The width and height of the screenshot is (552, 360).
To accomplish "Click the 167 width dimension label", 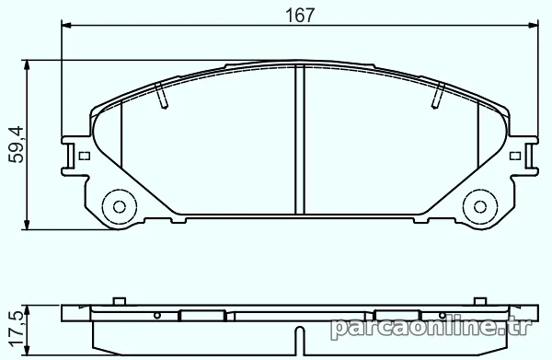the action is [x=299, y=15].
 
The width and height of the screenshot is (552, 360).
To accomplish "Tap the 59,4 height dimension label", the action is [x=17, y=145].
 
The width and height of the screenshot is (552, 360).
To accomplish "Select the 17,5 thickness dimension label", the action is [x=17, y=329].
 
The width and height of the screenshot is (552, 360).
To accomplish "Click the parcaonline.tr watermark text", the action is [x=431, y=328].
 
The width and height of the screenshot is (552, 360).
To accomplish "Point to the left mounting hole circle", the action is [x=120, y=207].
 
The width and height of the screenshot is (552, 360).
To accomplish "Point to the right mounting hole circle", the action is [x=480, y=207].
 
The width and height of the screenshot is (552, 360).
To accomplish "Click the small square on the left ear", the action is [x=85, y=156].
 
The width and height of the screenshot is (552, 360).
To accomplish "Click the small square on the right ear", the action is [x=515, y=156].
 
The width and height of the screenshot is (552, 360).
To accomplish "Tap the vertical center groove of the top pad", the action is [x=300, y=140].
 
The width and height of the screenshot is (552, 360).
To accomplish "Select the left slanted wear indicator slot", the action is [x=161, y=95].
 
